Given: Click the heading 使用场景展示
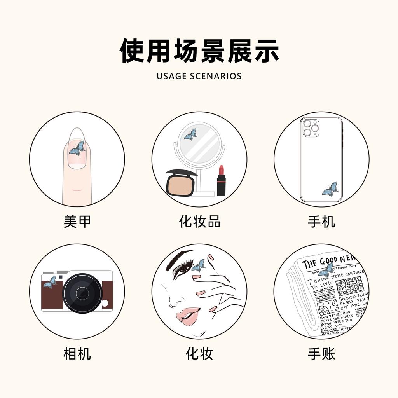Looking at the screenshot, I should [x=199, y=51].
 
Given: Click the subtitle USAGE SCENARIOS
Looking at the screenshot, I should [x=199, y=76].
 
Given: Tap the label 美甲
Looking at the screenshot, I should [x=77, y=222].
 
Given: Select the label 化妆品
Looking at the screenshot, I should [x=199, y=222].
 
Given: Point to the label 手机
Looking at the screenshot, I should [x=321, y=222].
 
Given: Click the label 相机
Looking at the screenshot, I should [x=77, y=354].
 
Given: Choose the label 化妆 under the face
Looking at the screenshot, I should [x=199, y=354].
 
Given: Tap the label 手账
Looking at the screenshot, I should [x=321, y=354].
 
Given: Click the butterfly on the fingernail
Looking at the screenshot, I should [x=77, y=148].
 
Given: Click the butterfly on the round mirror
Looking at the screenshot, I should [x=190, y=135].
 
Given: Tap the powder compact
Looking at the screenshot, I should [x=180, y=184].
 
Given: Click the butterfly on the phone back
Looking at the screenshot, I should [x=330, y=189].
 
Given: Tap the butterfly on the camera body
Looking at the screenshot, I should [x=50, y=282].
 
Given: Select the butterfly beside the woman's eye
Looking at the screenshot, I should [x=199, y=265].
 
